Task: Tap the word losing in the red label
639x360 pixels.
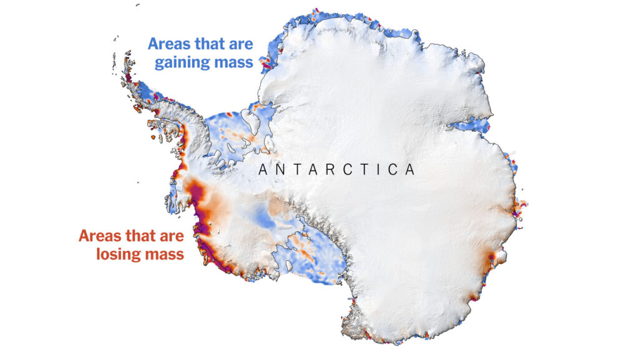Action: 120,254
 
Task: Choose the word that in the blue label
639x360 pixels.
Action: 213,44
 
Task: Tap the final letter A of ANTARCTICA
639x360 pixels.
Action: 410,170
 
